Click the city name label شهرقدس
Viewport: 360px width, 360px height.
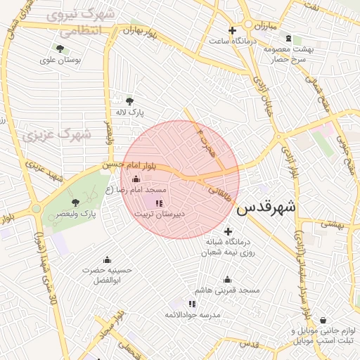tap(266, 208)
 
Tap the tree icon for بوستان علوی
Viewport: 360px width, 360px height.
tap(59, 49)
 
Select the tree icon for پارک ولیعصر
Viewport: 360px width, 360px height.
tap(75, 202)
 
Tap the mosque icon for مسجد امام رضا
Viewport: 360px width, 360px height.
tap(136, 179)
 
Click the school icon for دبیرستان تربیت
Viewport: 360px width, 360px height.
tap(158, 204)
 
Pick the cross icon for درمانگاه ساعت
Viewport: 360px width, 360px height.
tap(232, 30)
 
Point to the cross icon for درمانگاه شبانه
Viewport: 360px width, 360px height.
tap(227, 231)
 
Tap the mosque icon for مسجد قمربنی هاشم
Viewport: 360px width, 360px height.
tap(227, 279)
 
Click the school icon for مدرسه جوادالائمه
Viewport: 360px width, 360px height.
tap(192, 304)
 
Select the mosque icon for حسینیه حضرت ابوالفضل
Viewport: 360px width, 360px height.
tap(106, 259)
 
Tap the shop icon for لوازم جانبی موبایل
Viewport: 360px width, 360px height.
tap(323, 320)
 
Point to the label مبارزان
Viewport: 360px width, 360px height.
tap(264, 26)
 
